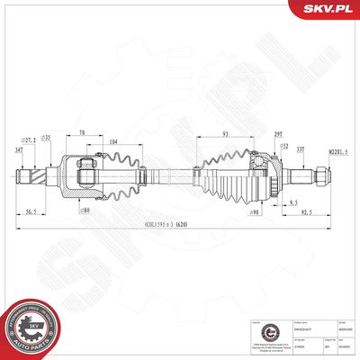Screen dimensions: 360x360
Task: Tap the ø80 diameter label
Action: [x=85, y=210]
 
